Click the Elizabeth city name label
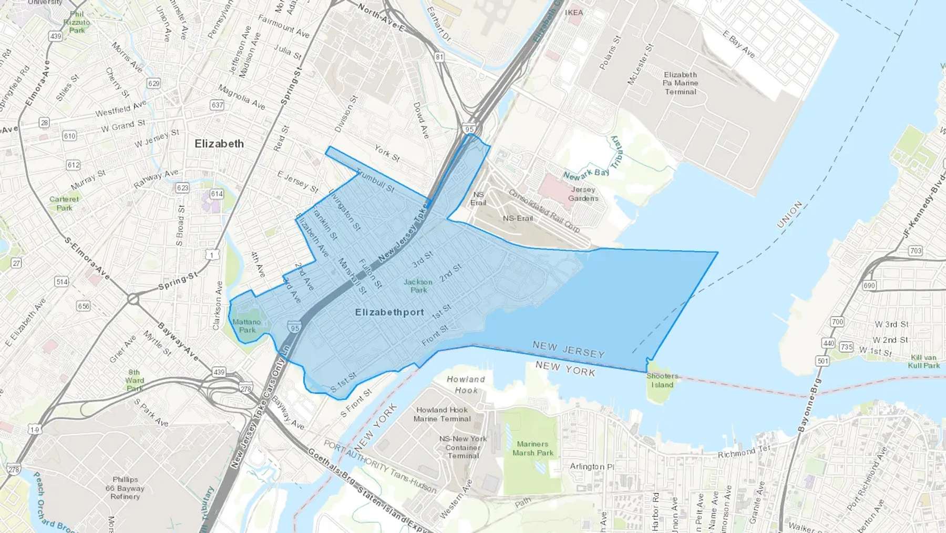(219, 144)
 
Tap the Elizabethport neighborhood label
(389, 312)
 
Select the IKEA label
(574, 12)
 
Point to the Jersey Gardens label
(583, 194)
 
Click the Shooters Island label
(662, 380)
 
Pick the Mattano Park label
(246, 326)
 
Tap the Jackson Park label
(418, 286)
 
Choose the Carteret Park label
(64, 203)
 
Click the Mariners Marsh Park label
(532, 448)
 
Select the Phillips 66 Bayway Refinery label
(125, 488)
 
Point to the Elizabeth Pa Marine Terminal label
(681, 83)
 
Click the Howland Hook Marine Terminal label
(442, 414)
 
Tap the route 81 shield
(439, 57)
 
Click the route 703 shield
(916, 250)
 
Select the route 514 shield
(61, 281)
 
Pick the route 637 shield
(217, 105)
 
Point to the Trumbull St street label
(375, 180)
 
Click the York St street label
(387, 153)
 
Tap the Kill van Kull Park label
(923, 361)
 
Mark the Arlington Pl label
(592, 466)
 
